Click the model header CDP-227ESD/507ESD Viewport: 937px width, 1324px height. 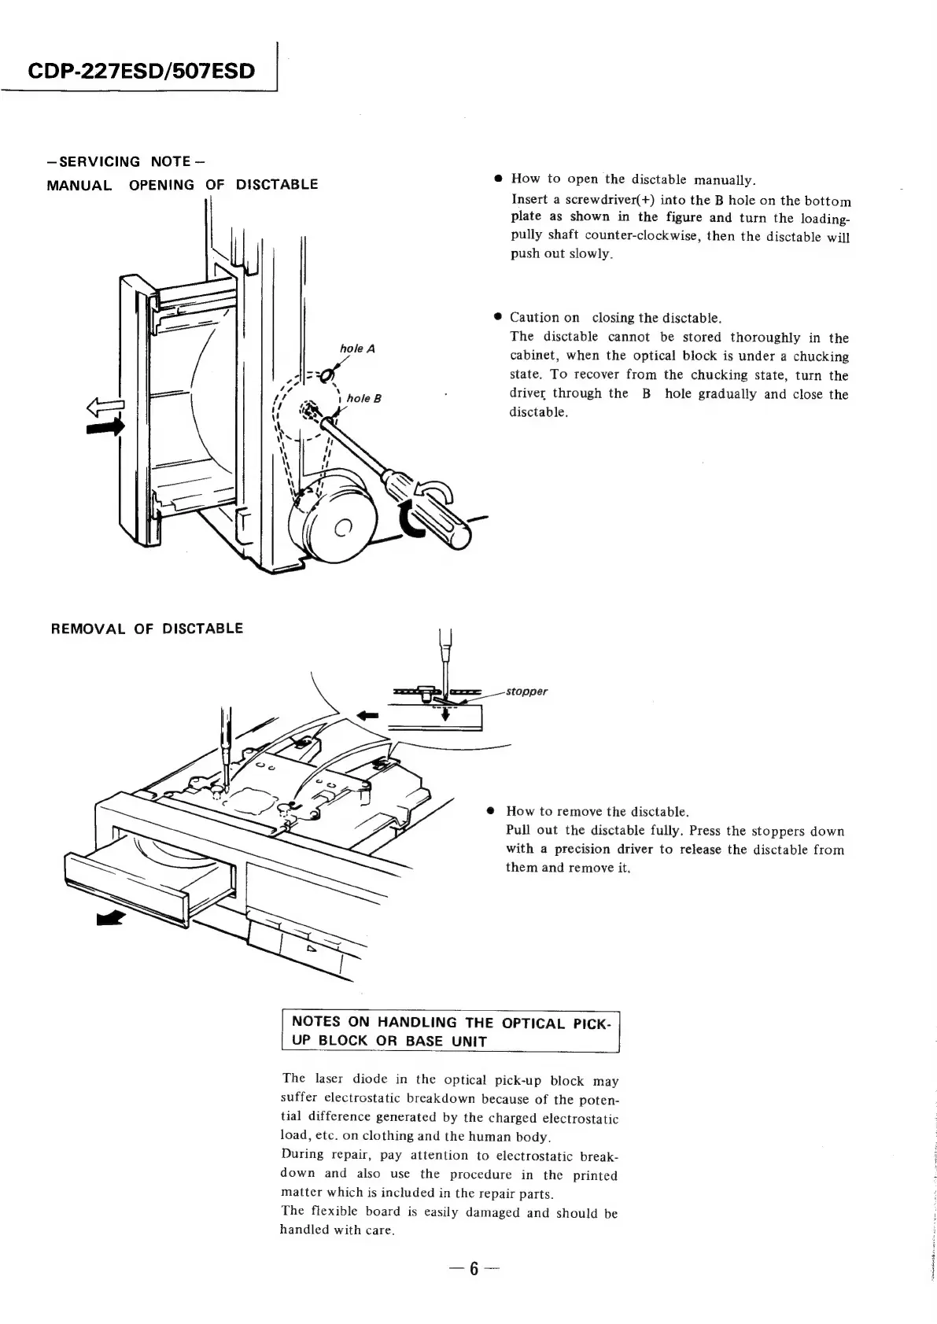(x=142, y=72)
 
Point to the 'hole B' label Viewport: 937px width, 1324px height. (x=364, y=398)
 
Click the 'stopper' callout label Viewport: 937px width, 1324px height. (x=526, y=692)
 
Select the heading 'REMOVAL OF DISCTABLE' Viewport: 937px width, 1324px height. (x=147, y=629)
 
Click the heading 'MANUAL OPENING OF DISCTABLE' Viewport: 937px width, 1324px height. (x=183, y=185)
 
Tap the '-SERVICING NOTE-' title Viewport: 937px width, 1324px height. (x=127, y=161)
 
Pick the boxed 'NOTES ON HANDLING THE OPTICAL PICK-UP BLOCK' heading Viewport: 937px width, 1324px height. (x=451, y=1031)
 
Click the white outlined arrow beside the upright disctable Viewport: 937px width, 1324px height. (x=109, y=407)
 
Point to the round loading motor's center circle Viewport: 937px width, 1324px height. (x=342, y=528)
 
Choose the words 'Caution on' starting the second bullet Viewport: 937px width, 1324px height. (x=544, y=318)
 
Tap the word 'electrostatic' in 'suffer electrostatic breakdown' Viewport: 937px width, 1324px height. (x=361, y=1098)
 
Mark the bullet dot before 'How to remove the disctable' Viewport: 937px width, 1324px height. (x=490, y=811)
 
